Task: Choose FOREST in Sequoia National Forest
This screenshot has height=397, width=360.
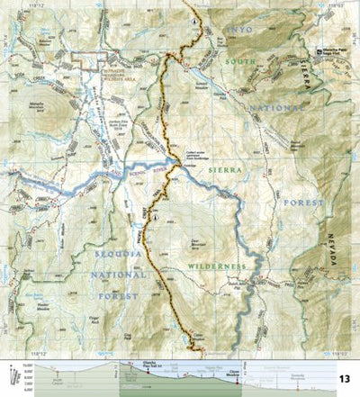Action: [121, 294]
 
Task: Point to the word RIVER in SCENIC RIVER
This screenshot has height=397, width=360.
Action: [146, 173]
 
